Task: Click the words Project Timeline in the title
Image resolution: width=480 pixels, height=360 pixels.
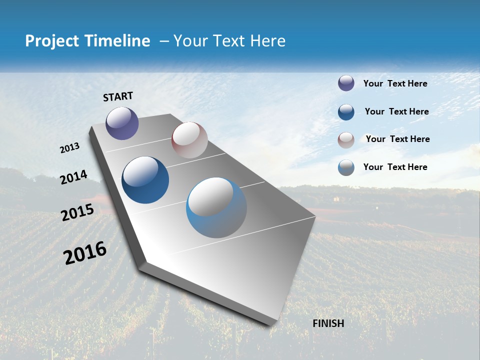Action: tap(87, 41)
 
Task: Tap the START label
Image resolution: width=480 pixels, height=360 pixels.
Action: tap(118, 96)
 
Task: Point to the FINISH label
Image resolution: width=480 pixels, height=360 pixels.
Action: tap(328, 323)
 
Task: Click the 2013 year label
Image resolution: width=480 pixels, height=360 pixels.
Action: tap(69, 148)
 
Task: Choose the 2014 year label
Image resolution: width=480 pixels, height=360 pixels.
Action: tap(73, 177)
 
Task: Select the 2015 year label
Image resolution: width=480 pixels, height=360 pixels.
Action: tap(77, 212)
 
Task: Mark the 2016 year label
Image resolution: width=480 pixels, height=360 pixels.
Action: tap(85, 252)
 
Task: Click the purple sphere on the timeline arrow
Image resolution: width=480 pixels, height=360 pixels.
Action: tap(122, 123)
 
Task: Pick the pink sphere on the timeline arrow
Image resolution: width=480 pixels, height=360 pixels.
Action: tap(189, 140)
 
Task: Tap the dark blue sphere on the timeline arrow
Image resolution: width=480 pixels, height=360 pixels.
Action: tap(145, 180)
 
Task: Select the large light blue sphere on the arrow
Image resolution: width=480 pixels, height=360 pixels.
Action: tap(216, 207)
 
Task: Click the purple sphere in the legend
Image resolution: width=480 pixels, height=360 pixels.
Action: tap(346, 83)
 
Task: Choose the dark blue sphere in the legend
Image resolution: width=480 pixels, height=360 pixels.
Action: tap(346, 112)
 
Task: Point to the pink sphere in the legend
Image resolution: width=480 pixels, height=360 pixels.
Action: tap(346, 140)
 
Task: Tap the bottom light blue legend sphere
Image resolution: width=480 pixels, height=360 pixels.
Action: tap(346, 167)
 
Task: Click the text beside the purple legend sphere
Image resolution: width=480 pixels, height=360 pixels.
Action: tap(395, 83)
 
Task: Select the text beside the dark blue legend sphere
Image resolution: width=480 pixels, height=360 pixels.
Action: tap(396, 111)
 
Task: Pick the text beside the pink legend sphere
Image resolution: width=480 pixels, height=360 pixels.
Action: tap(397, 139)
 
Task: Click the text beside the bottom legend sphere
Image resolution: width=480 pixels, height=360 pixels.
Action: tap(395, 167)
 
